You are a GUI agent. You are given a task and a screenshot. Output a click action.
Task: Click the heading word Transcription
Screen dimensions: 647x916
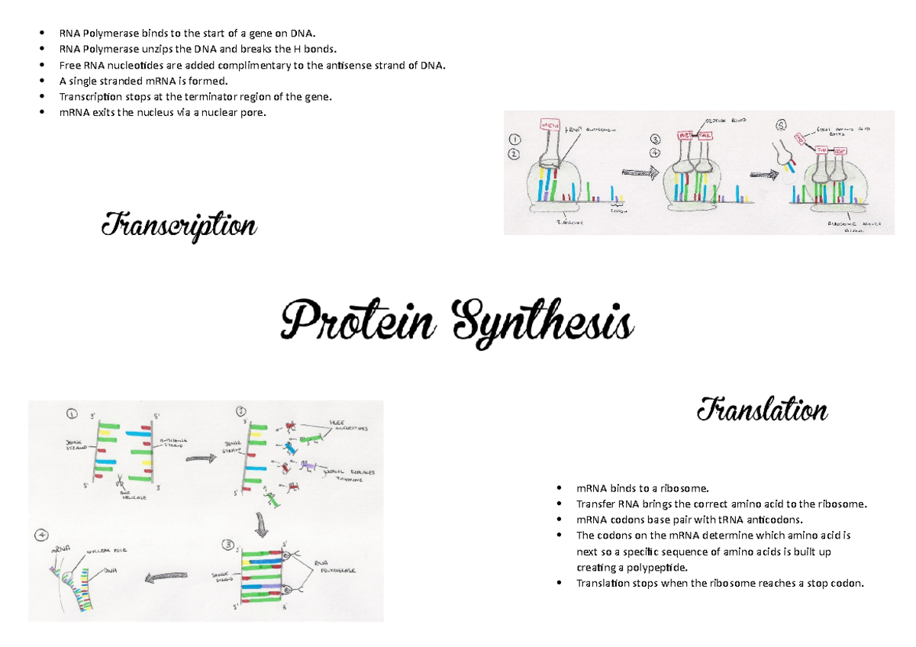179,225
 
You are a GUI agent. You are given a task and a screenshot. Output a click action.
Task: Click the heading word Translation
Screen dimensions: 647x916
762,411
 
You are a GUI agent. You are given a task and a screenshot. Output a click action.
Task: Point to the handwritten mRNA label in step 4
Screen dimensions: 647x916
61,549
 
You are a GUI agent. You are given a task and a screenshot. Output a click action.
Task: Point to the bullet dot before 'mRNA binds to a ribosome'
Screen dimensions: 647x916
560,488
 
